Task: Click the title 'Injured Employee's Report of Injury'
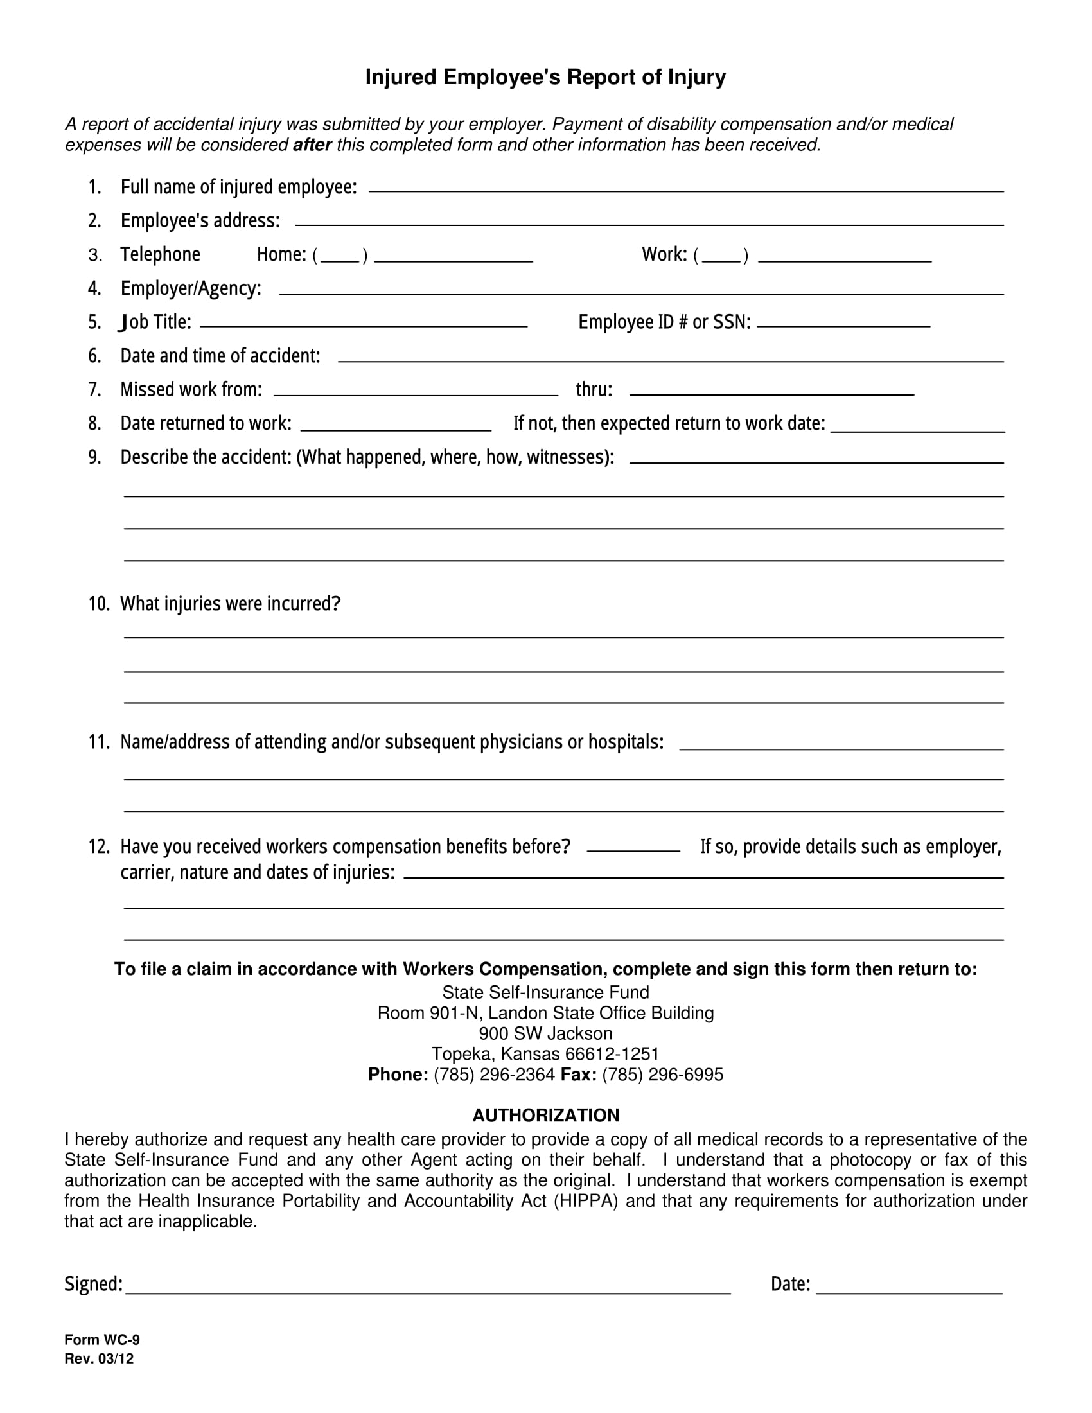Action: point(545,77)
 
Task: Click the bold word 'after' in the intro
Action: point(312,145)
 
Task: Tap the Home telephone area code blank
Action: point(340,258)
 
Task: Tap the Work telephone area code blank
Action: point(721,258)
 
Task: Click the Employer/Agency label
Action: point(191,288)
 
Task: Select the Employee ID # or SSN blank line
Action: point(843,324)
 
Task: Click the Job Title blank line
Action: point(364,324)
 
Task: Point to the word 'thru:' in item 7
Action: point(594,389)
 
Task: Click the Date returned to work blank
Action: point(396,427)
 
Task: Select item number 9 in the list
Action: point(94,457)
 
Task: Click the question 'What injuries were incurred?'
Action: point(231,604)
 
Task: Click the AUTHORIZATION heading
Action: point(545,1116)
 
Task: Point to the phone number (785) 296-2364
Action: point(494,1075)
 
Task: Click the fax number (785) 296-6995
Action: point(662,1075)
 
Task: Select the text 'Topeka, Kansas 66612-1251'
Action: point(545,1054)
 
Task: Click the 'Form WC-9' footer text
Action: point(101,1340)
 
